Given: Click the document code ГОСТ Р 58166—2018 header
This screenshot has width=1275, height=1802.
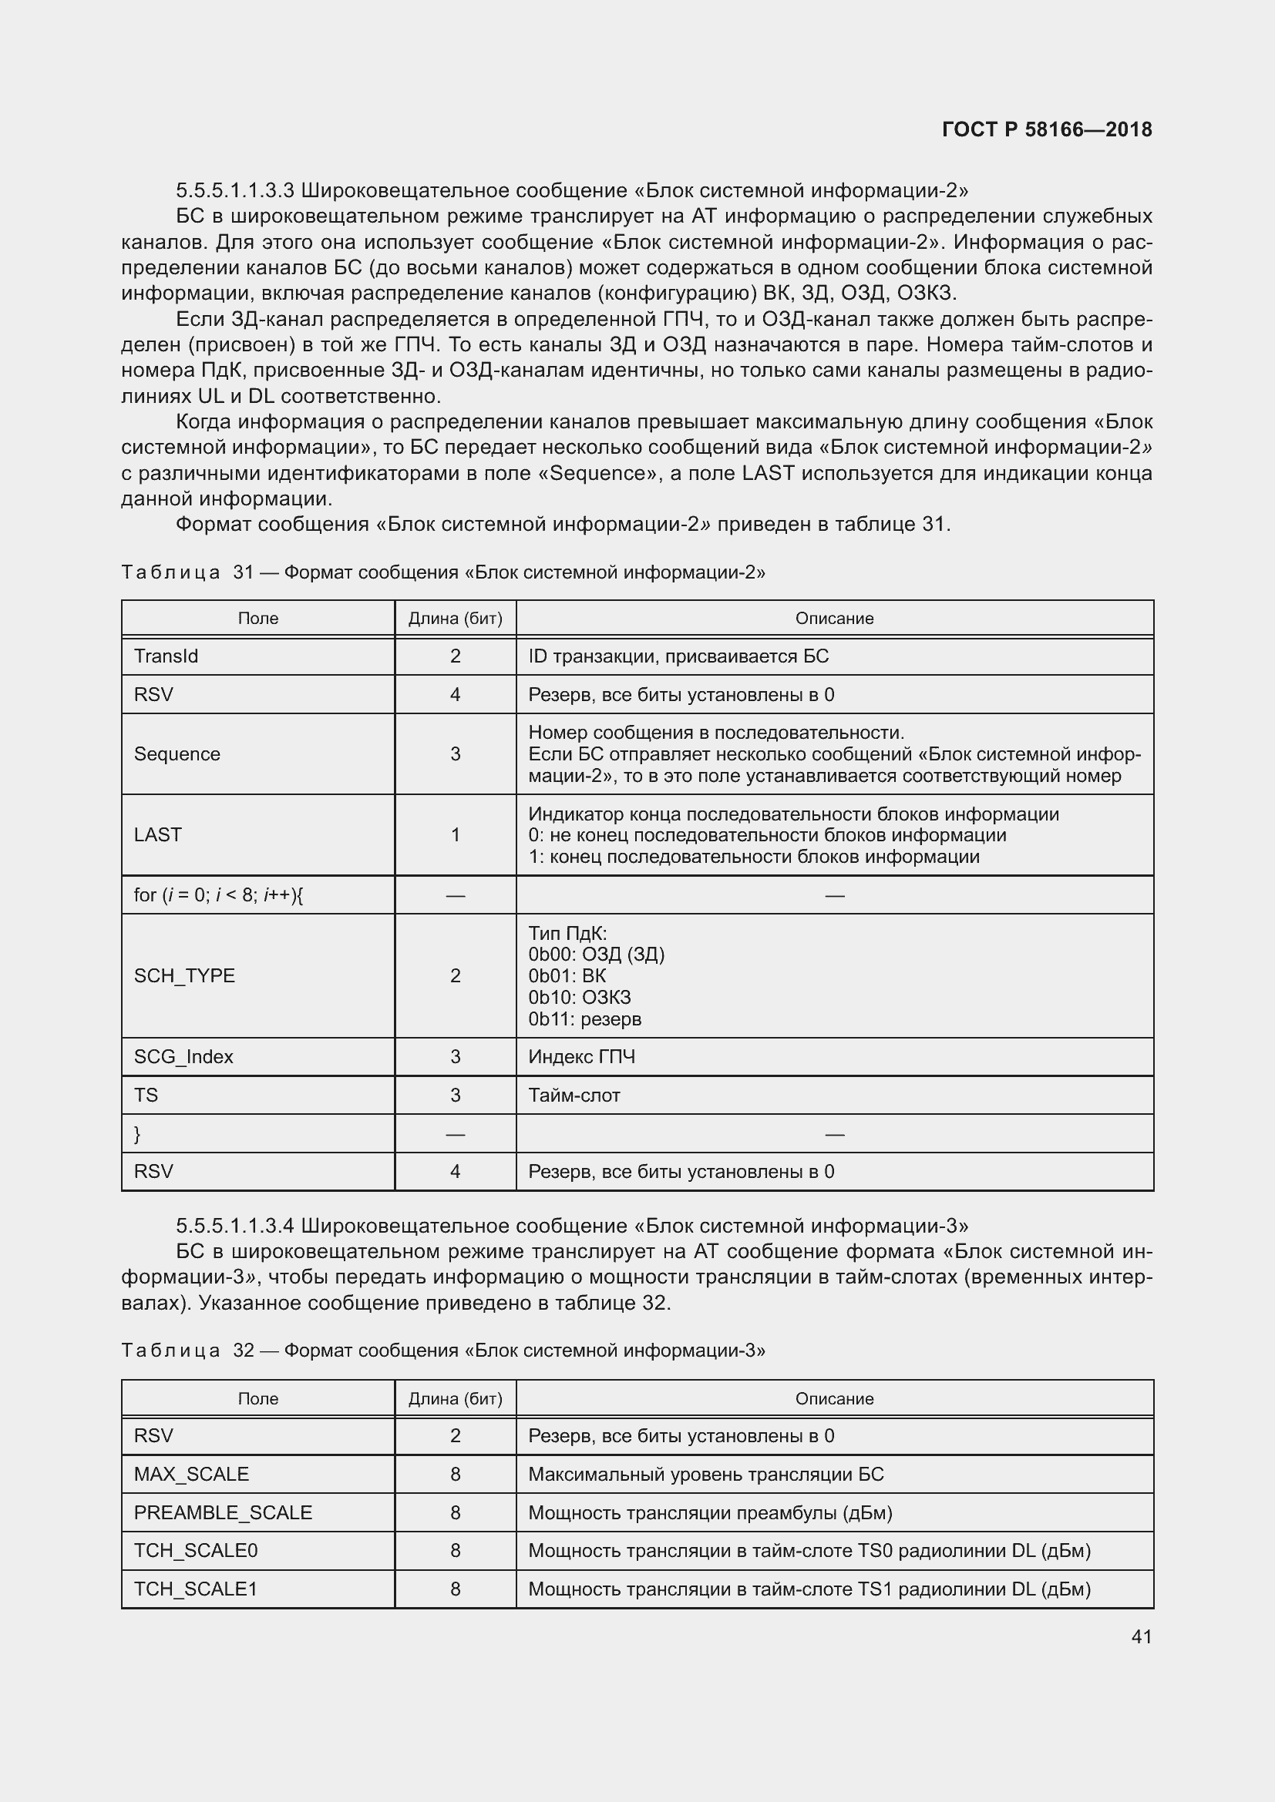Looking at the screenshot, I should point(1047,129).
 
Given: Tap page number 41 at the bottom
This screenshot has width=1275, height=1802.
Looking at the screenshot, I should point(1142,1636).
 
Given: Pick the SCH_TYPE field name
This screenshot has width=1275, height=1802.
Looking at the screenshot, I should point(184,975).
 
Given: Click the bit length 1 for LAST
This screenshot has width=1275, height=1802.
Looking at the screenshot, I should point(456,835).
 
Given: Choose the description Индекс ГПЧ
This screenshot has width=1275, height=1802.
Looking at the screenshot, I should point(582,1057).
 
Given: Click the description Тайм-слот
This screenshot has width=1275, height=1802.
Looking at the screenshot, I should point(574,1096).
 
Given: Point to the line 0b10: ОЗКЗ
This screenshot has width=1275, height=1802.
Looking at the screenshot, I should point(580,998).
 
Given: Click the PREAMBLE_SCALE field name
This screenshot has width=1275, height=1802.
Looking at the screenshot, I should point(223,1513).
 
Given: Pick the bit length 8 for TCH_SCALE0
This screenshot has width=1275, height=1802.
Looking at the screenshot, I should point(456,1551).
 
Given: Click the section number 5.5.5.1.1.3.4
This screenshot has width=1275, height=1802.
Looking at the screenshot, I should point(235,1226).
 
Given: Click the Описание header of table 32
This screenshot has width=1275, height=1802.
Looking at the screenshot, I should point(834,1399).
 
